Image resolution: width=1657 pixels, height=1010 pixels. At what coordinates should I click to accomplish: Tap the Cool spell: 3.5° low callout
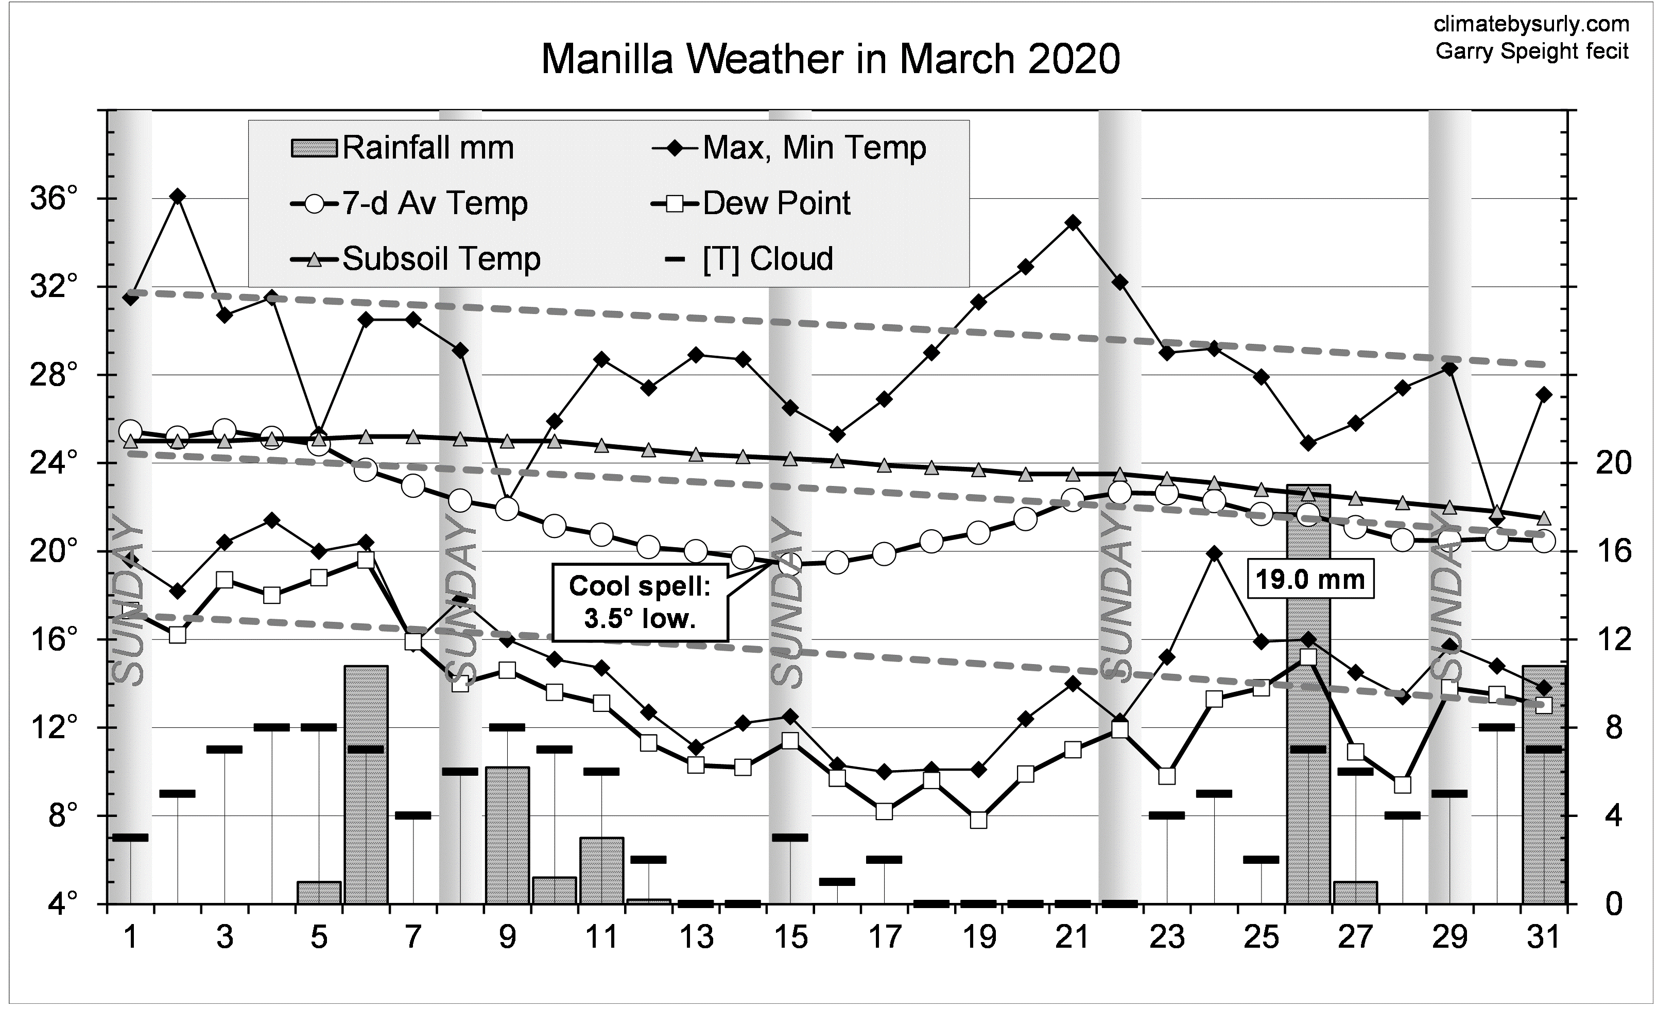pos(640,602)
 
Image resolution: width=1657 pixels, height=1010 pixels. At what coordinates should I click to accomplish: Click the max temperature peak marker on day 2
pos(178,196)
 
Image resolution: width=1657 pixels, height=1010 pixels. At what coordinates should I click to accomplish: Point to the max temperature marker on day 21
pos(1073,222)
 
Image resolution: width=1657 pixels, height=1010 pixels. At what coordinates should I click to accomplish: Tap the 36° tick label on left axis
pos(54,199)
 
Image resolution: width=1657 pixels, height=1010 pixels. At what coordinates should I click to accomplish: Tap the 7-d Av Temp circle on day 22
pos(1120,493)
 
